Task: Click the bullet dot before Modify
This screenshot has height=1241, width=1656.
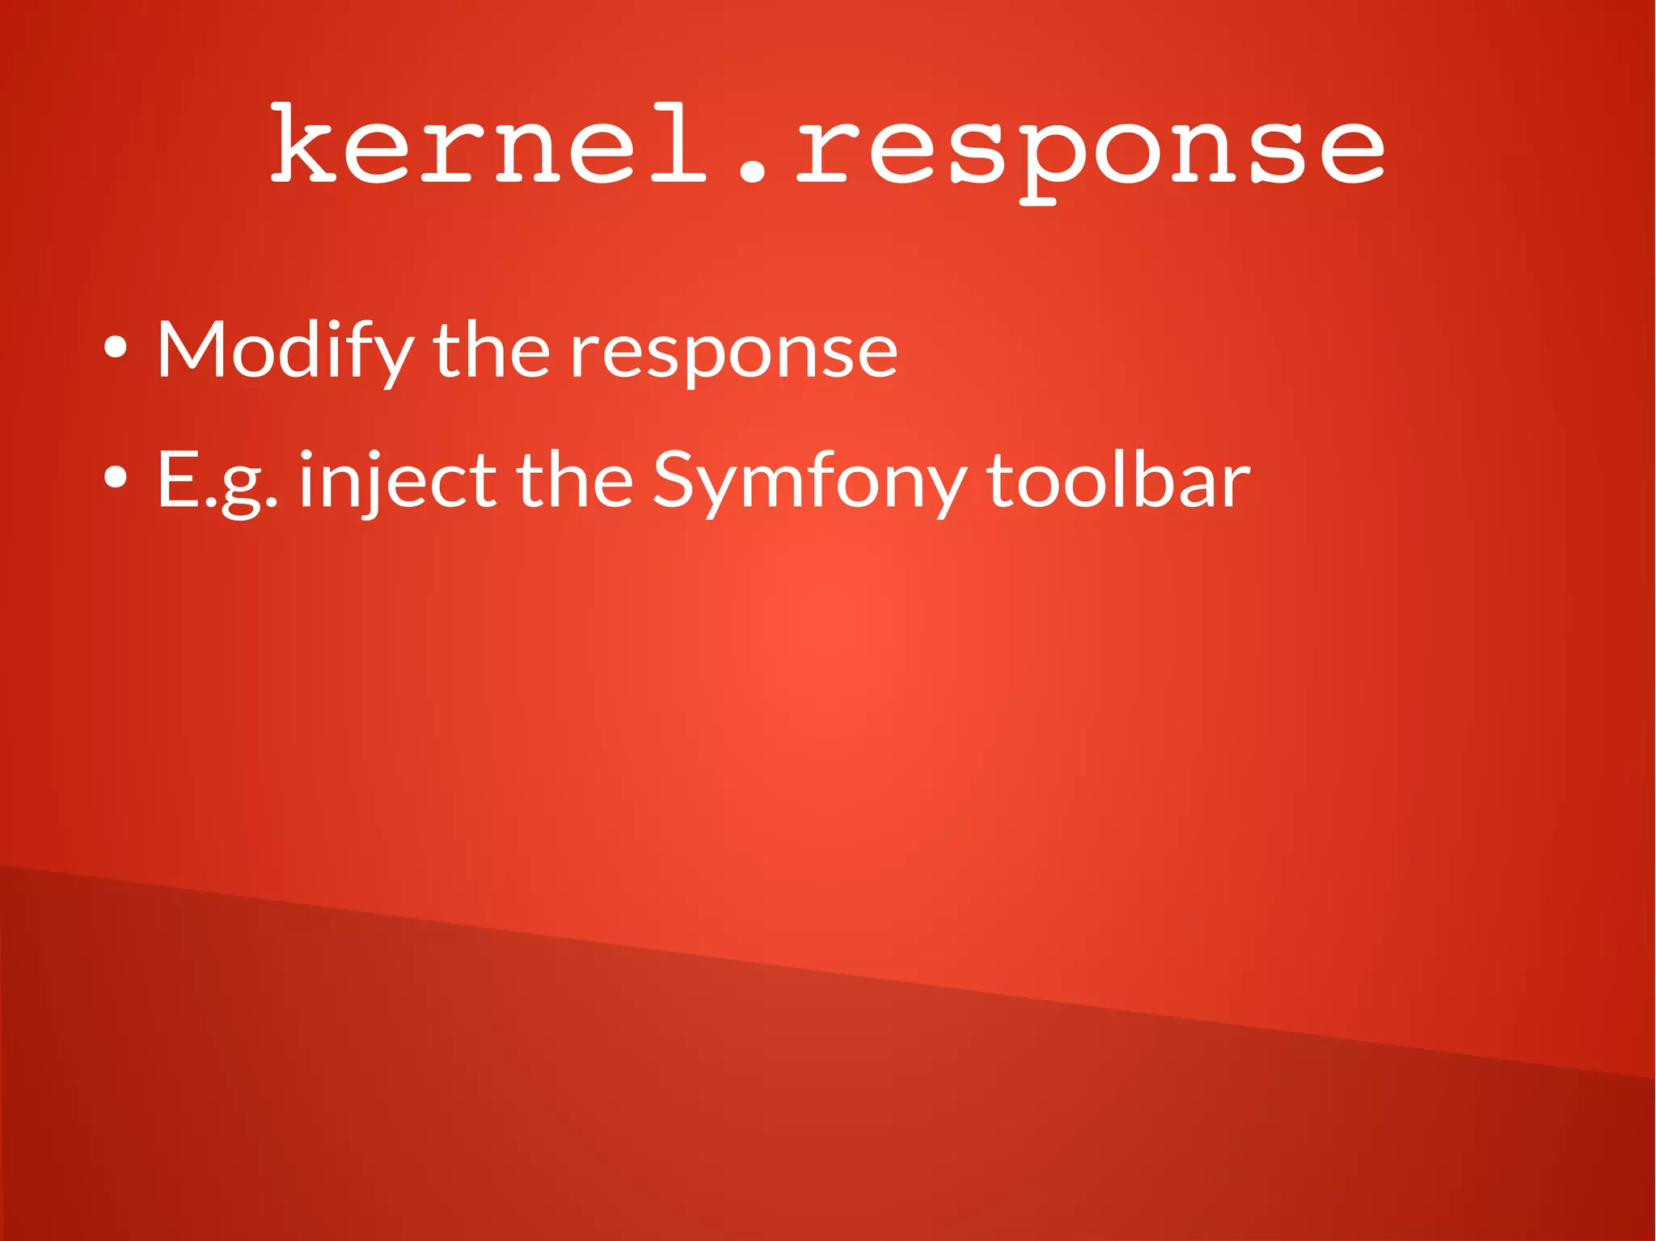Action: (x=116, y=348)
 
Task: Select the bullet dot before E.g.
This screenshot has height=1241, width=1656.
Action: (x=116, y=478)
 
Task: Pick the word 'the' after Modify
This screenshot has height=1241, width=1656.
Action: (x=492, y=349)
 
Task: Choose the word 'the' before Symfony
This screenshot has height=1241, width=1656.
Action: (x=575, y=479)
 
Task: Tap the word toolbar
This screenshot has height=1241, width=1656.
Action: (x=1119, y=479)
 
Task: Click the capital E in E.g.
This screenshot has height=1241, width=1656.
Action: (x=176, y=479)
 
